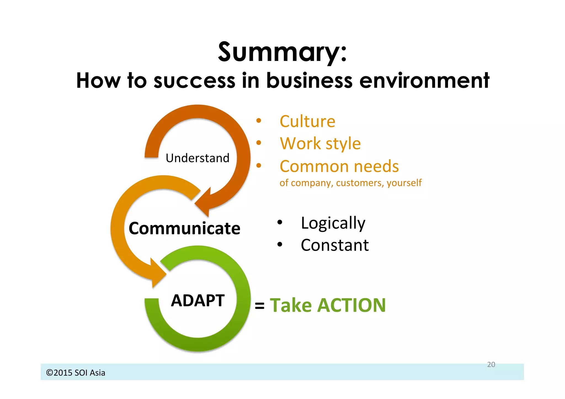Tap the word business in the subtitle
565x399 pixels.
[x=309, y=81]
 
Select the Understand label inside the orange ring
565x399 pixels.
[x=198, y=158]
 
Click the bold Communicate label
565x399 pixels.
[x=184, y=229]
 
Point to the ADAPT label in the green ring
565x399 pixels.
[x=198, y=301]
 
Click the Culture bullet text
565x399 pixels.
[x=307, y=122]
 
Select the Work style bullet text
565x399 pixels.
[x=320, y=144]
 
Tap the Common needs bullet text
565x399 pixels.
[x=339, y=167]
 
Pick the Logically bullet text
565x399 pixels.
[x=333, y=223]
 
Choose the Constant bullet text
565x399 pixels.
[x=335, y=245]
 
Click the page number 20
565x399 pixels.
[x=491, y=365]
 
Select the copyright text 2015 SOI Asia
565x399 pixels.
[x=76, y=373]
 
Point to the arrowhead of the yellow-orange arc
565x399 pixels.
[x=157, y=273]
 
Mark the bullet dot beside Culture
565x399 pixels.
[x=258, y=120]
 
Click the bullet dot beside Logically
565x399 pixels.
[x=280, y=222]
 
